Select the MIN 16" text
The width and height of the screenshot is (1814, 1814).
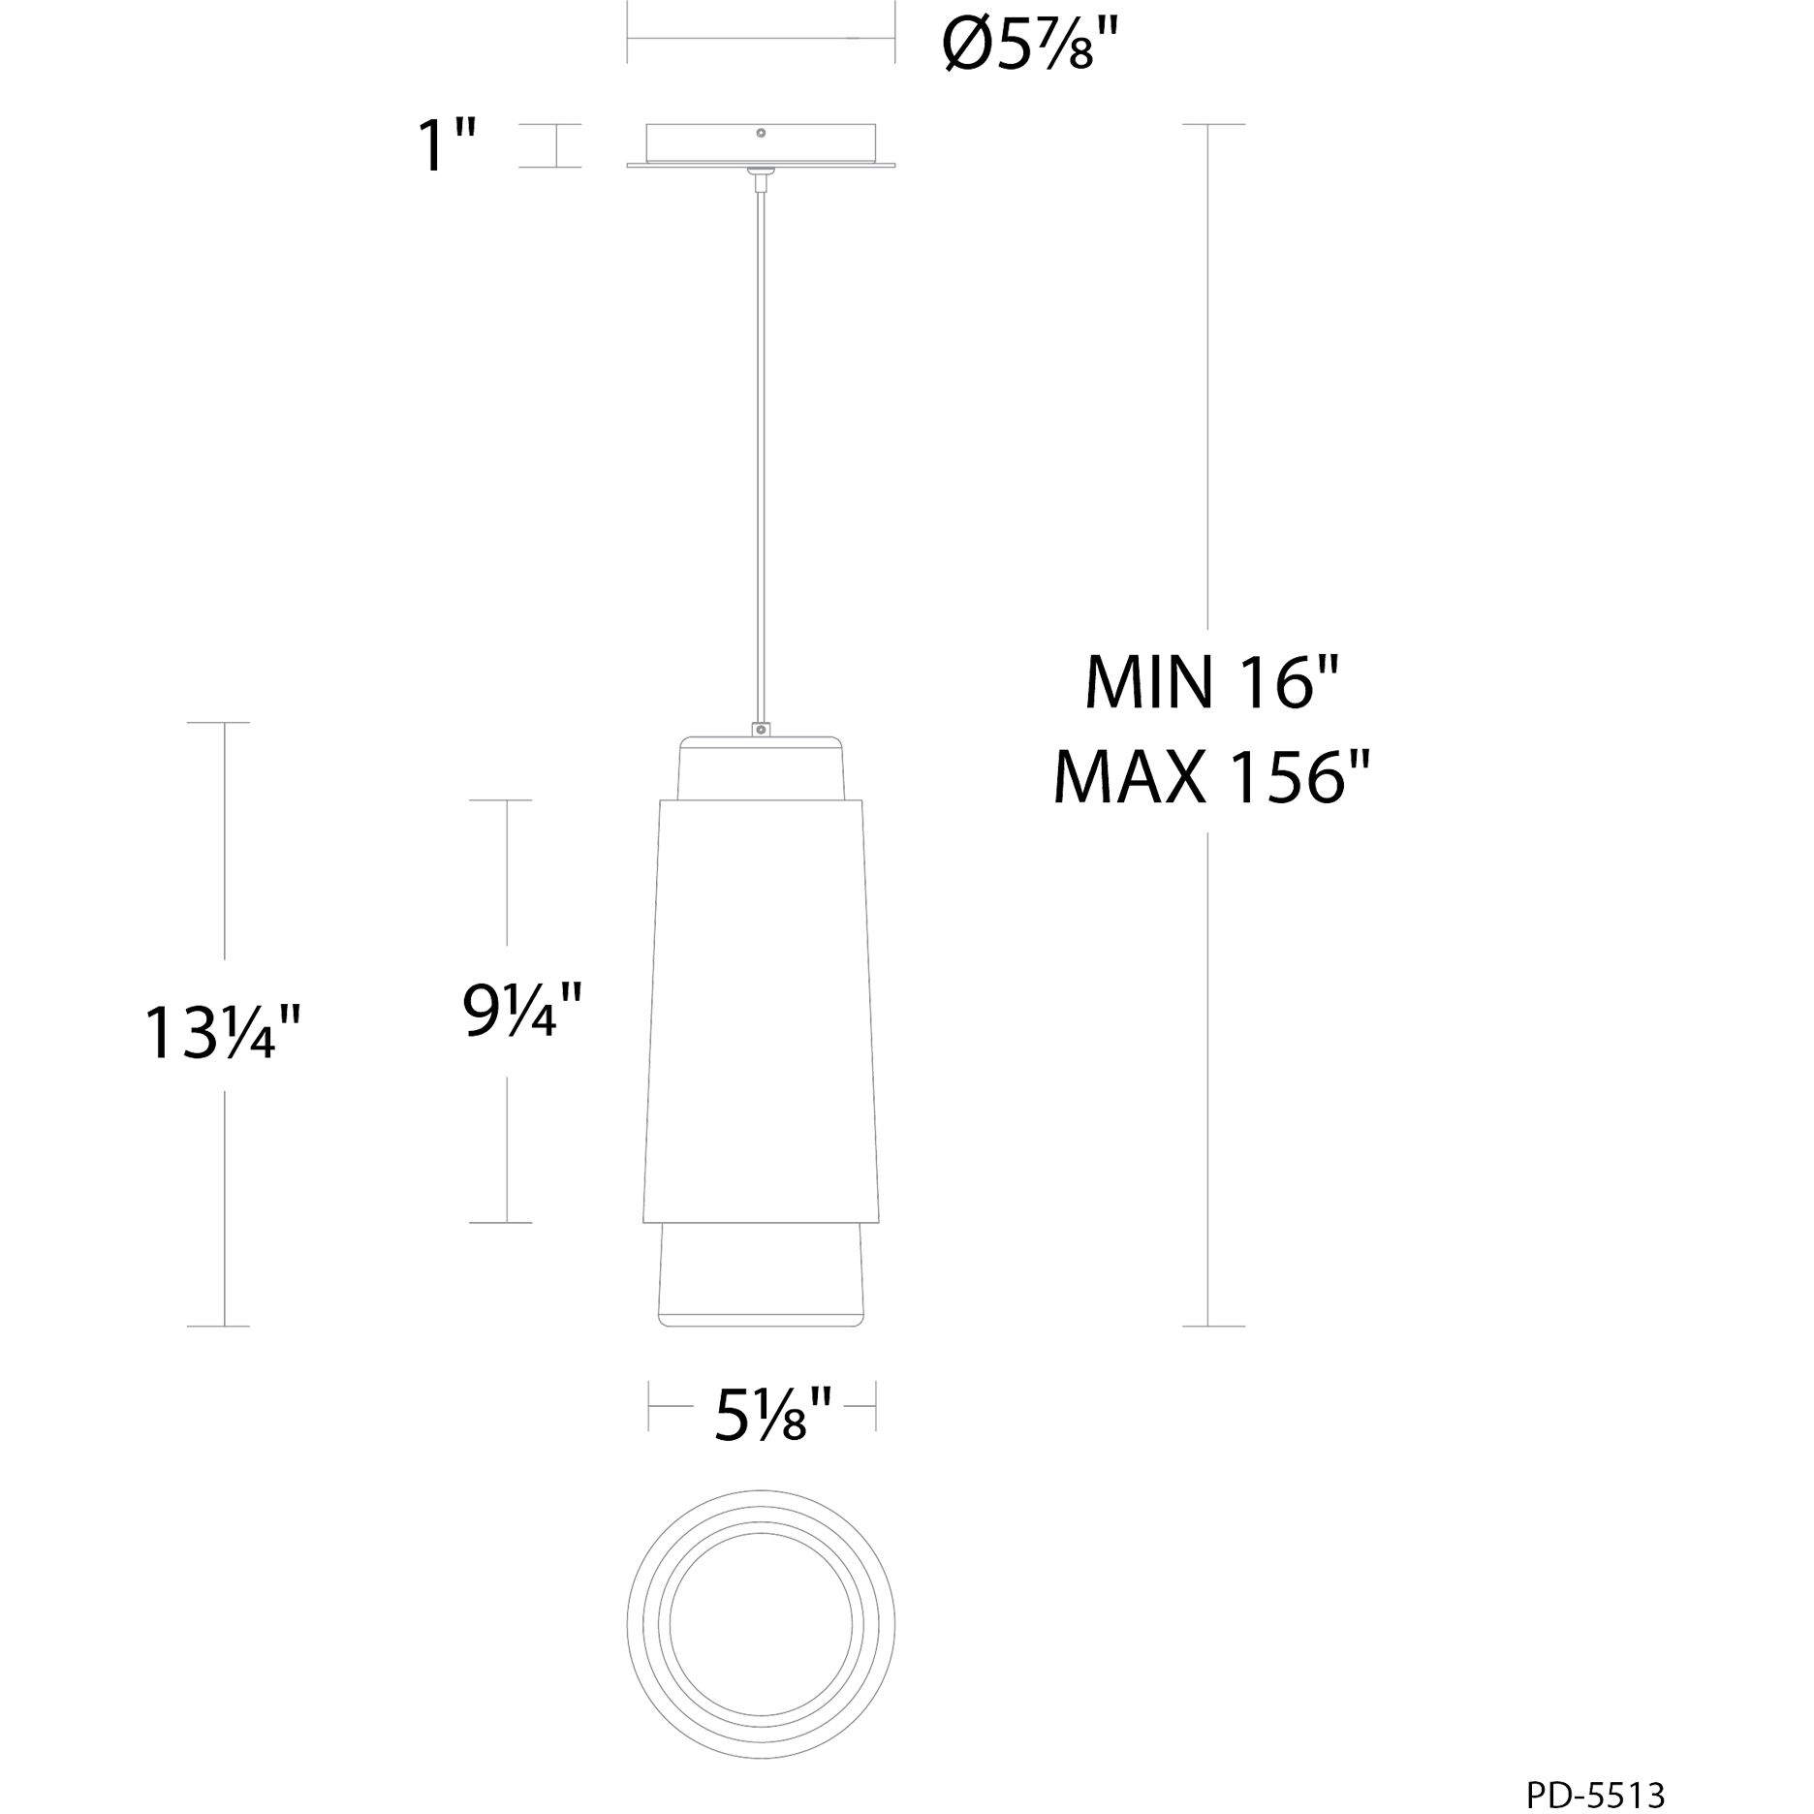tap(1211, 682)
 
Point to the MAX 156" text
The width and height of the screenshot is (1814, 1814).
tap(1211, 777)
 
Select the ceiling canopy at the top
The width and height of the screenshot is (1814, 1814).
tap(761, 145)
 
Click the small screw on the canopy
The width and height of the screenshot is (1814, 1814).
tap(762, 132)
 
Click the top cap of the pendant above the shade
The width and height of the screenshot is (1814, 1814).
tap(761, 767)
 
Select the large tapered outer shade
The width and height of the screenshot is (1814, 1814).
tap(761, 1008)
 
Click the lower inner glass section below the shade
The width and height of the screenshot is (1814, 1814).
tap(761, 1274)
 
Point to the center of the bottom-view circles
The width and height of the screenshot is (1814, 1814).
tap(761, 1626)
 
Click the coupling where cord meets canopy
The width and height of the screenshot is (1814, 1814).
tap(762, 175)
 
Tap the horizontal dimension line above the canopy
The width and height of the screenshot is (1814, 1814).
tap(761, 38)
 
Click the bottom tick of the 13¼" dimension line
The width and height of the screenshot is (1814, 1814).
tap(218, 1326)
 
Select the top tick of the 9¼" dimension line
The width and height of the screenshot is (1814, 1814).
tap(501, 800)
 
